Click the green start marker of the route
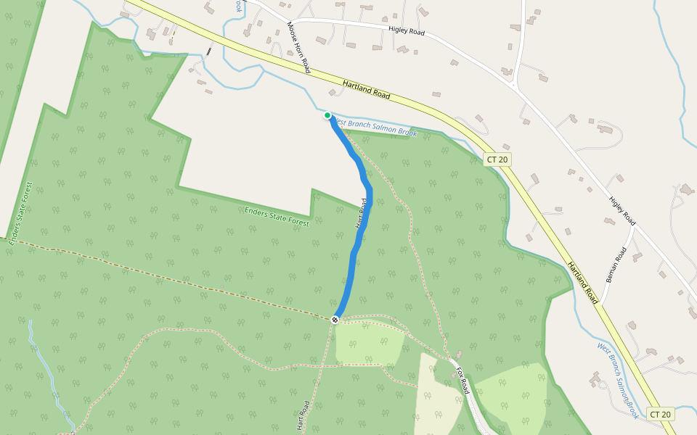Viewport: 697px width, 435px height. coord(327,115)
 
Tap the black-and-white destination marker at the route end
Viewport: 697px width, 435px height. coord(335,319)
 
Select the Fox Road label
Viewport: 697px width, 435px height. coord(462,381)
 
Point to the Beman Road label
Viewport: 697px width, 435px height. coord(614,265)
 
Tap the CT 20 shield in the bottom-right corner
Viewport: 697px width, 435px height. coord(660,414)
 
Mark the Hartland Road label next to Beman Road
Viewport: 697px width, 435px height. coord(582,283)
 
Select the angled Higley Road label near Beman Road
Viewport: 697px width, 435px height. coord(622,211)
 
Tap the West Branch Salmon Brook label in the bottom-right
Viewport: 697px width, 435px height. coord(618,380)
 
